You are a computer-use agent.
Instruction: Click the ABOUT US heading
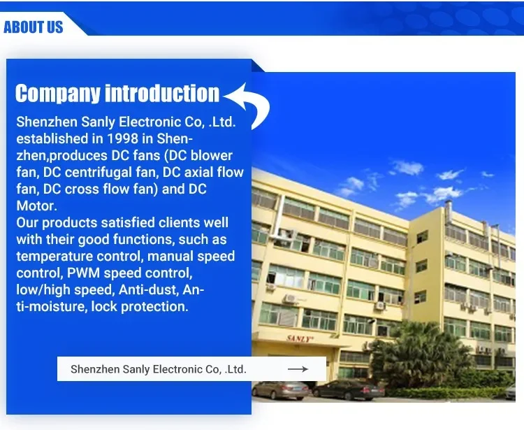coord(33,27)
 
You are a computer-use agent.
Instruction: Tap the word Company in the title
coord(57,93)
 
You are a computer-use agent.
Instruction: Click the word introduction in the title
coord(162,93)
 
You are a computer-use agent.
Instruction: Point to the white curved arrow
coord(248,106)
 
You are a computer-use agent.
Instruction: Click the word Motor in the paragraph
coord(36,206)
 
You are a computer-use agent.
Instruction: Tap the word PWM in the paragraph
coord(83,273)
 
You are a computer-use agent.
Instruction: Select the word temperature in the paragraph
coord(54,257)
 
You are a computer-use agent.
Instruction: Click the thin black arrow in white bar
coord(298,368)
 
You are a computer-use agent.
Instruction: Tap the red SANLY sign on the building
coord(300,338)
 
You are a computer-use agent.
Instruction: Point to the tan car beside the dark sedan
coord(281,390)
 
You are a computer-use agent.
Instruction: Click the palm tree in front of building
coord(421,354)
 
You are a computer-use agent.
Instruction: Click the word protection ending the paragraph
coord(154,307)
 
